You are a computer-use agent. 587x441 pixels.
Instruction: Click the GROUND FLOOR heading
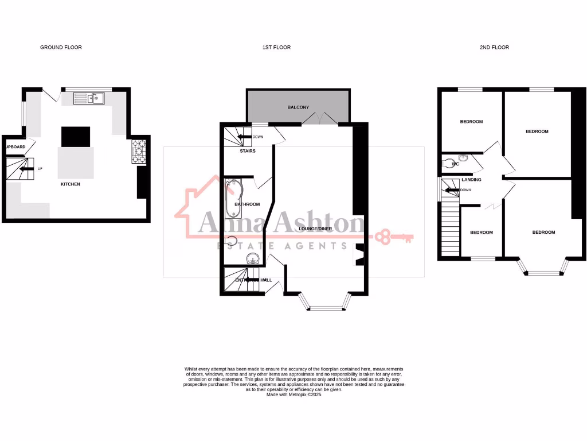tap(61, 47)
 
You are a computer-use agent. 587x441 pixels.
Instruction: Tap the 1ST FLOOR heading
tap(276, 47)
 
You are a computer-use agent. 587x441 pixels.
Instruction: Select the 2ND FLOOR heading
tap(494, 47)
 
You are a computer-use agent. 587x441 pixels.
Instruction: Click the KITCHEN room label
tap(71, 184)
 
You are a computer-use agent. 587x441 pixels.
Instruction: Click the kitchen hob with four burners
tap(140, 152)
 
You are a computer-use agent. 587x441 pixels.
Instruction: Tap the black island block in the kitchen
tap(76, 137)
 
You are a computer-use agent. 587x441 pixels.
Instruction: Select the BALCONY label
tap(298, 107)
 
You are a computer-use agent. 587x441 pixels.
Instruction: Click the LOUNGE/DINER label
tap(315, 229)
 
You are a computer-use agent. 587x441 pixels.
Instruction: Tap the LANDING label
tap(471, 180)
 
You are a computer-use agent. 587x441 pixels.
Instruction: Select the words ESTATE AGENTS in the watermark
tap(281, 246)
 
